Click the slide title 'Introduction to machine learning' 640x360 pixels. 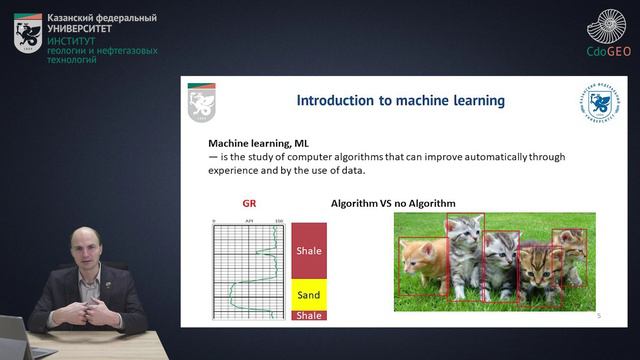click(x=401, y=101)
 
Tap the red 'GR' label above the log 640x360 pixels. click(x=249, y=203)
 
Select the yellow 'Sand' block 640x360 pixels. click(x=309, y=295)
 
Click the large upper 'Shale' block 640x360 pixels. click(x=309, y=251)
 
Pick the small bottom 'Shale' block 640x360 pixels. click(x=309, y=316)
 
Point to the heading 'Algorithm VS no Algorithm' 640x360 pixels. click(x=393, y=203)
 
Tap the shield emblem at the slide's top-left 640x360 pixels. click(x=201, y=101)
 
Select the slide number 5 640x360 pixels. click(x=598, y=316)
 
